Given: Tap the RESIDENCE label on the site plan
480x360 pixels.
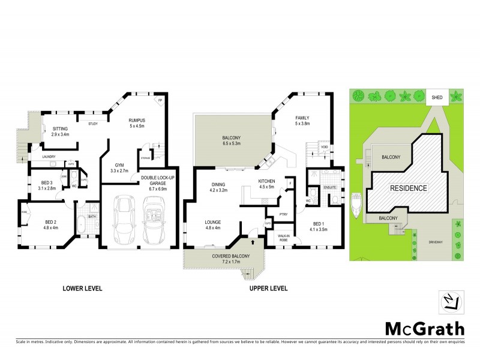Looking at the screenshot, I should (408, 188).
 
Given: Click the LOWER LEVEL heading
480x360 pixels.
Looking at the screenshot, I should (83, 288).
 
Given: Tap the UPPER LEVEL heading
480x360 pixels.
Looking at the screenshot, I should (268, 288).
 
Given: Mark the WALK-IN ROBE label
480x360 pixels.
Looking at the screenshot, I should (284, 238).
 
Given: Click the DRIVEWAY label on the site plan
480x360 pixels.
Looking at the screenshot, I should (436, 242).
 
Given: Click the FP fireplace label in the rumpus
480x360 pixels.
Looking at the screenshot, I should (160, 101).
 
